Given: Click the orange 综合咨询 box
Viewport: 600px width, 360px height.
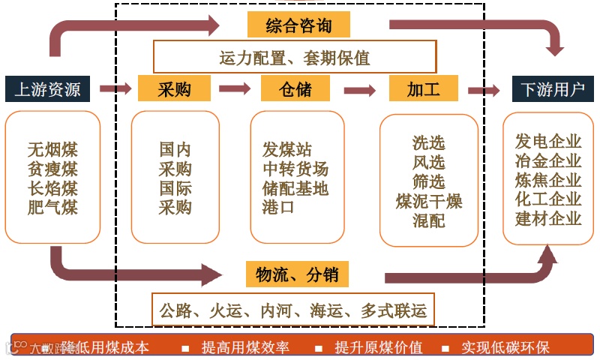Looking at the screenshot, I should (x=298, y=25).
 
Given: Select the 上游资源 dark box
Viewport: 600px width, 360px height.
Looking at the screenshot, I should (x=47, y=90).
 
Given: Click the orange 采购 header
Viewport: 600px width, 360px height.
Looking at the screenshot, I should (x=174, y=90).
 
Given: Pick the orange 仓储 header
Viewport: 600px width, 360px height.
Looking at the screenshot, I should (x=295, y=90).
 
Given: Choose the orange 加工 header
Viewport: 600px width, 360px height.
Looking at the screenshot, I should (x=423, y=90).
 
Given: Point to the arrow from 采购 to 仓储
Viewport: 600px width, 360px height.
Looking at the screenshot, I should (x=235, y=89).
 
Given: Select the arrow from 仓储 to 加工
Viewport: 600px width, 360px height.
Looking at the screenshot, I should (x=359, y=91).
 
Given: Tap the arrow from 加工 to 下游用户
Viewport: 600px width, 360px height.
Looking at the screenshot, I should (x=484, y=91).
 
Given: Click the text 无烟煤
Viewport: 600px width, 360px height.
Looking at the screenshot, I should (x=52, y=148).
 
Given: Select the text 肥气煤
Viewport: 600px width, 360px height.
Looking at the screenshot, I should (x=52, y=207).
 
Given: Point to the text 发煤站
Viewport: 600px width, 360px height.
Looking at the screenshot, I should (x=287, y=148).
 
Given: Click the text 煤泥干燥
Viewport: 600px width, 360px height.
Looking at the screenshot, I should (x=429, y=201).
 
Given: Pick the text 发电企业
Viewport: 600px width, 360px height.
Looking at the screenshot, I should (x=548, y=141).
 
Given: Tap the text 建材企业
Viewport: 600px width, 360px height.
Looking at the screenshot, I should (x=548, y=219).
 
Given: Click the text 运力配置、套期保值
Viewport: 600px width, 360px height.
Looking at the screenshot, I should (x=295, y=57).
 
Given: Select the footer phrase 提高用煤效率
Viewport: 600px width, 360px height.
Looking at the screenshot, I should (x=245, y=347).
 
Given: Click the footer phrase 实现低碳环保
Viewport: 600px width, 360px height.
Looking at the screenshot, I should (x=505, y=347).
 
